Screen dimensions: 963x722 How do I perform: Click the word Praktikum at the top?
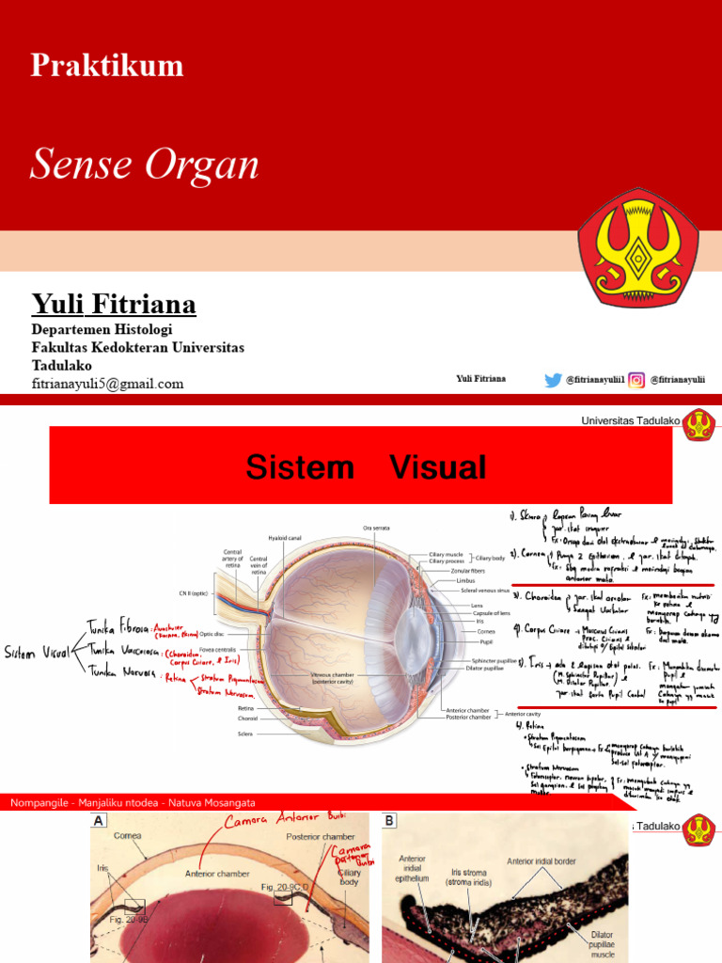point(106,65)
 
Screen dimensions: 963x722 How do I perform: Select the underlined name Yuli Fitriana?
point(114,304)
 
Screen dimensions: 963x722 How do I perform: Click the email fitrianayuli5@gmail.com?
point(107,384)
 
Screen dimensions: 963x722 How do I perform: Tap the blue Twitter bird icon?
point(553,380)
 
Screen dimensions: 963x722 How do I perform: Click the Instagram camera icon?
point(636,380)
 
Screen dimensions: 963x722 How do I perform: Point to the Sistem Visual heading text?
point(366,467)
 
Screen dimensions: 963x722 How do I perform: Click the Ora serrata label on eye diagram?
point(375,528)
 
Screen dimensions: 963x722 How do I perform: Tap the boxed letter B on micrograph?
point(389,821)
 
